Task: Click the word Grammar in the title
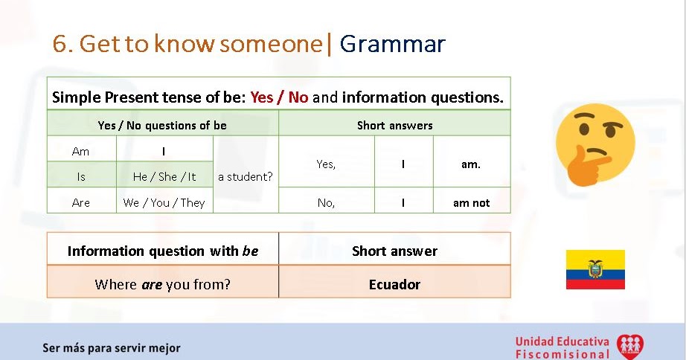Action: click(392, 44)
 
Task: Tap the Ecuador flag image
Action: click(595, 269)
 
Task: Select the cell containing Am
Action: click(81, 151)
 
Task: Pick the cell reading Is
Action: click(81, 177)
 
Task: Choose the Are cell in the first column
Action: click(81, 202)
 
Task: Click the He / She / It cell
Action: click(164, 177)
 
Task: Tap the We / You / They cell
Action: click(164, 202)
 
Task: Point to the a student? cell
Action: click(246, 177)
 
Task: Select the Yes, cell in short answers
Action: click(326, 164)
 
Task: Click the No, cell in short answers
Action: click(326, 202)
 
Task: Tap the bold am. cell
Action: click(471, 164)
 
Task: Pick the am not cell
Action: click(471, 202)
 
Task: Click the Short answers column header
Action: click(394, 125)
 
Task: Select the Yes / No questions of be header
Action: click(162, 125)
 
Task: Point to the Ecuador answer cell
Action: click(394, 284)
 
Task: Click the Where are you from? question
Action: click(162, 284)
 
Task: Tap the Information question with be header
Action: click(162, 251)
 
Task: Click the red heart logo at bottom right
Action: click(631, 346)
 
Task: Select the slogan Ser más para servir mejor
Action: click(112, 347)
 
